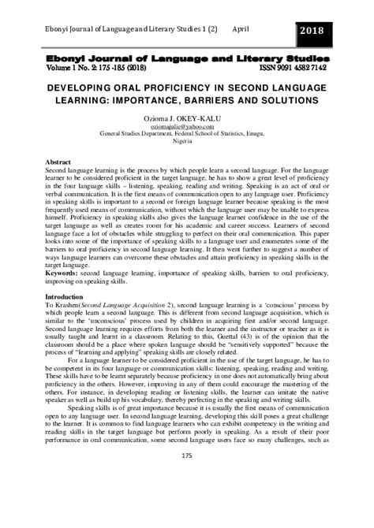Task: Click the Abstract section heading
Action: click(x=64, y=162)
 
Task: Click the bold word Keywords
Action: click(x=68, y=273)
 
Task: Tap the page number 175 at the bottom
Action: click(x=186, y=500)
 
